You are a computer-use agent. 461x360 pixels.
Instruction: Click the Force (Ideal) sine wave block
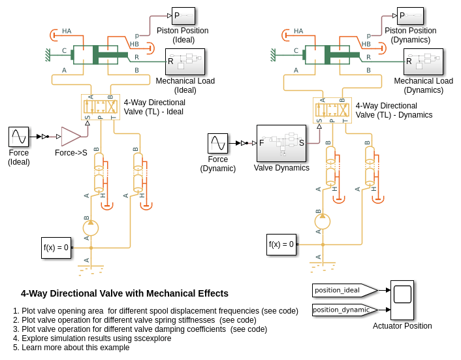tap(18, 137)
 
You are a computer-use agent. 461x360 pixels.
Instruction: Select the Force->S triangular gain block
tap(71, 137)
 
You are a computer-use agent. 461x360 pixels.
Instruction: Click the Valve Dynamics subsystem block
tap(281, 143)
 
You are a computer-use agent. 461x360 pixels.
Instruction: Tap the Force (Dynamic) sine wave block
tap(217, 143)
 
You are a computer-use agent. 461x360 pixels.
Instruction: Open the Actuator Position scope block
tap(402, 300)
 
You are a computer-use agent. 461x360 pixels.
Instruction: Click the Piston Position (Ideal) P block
tap(183, 16)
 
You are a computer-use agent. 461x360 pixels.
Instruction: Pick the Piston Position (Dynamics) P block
tap(410, 16)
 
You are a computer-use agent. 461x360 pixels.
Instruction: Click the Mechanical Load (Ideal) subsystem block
tap(185, 61)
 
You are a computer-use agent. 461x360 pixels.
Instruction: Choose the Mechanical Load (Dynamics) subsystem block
tap(422, 61)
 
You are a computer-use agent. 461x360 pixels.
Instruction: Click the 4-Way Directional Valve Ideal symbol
tap(101, 106)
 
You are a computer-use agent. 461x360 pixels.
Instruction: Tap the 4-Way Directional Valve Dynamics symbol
tap(332, 110)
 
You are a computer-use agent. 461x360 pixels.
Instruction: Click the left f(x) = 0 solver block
tap(56, 248)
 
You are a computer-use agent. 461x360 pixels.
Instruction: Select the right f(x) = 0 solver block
tap(281, 244)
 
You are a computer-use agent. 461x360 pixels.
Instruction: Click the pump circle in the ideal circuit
tap(91, 228)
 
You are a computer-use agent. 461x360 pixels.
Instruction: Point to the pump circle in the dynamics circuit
tap(323, 221)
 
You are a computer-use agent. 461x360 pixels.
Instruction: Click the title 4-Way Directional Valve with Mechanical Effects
tap(125, 293)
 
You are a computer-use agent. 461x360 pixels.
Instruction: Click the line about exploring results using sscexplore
tap(97, 338)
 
